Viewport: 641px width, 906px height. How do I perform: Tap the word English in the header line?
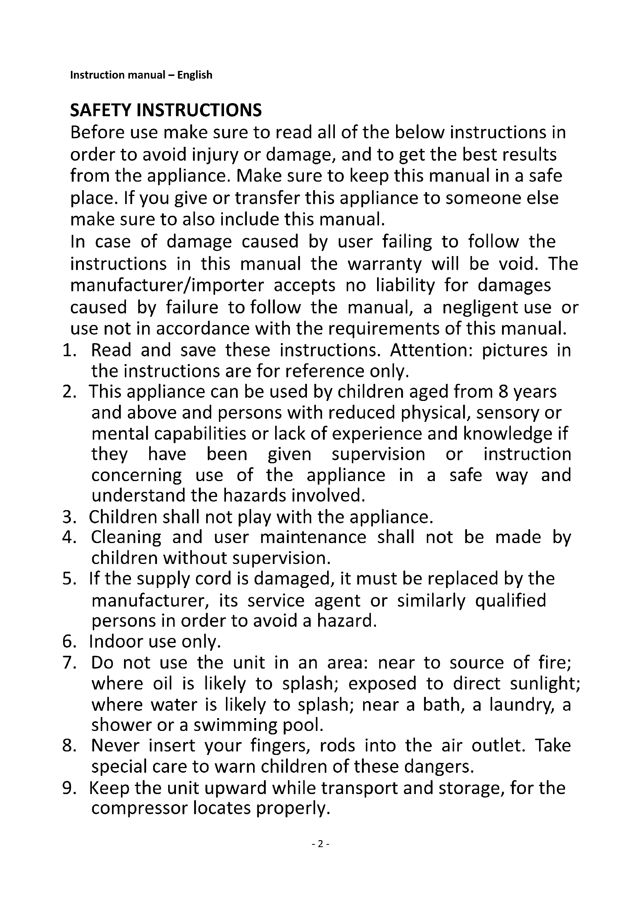click(x=195, y=75)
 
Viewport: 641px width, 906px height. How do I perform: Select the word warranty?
click(x=384, y=264)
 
